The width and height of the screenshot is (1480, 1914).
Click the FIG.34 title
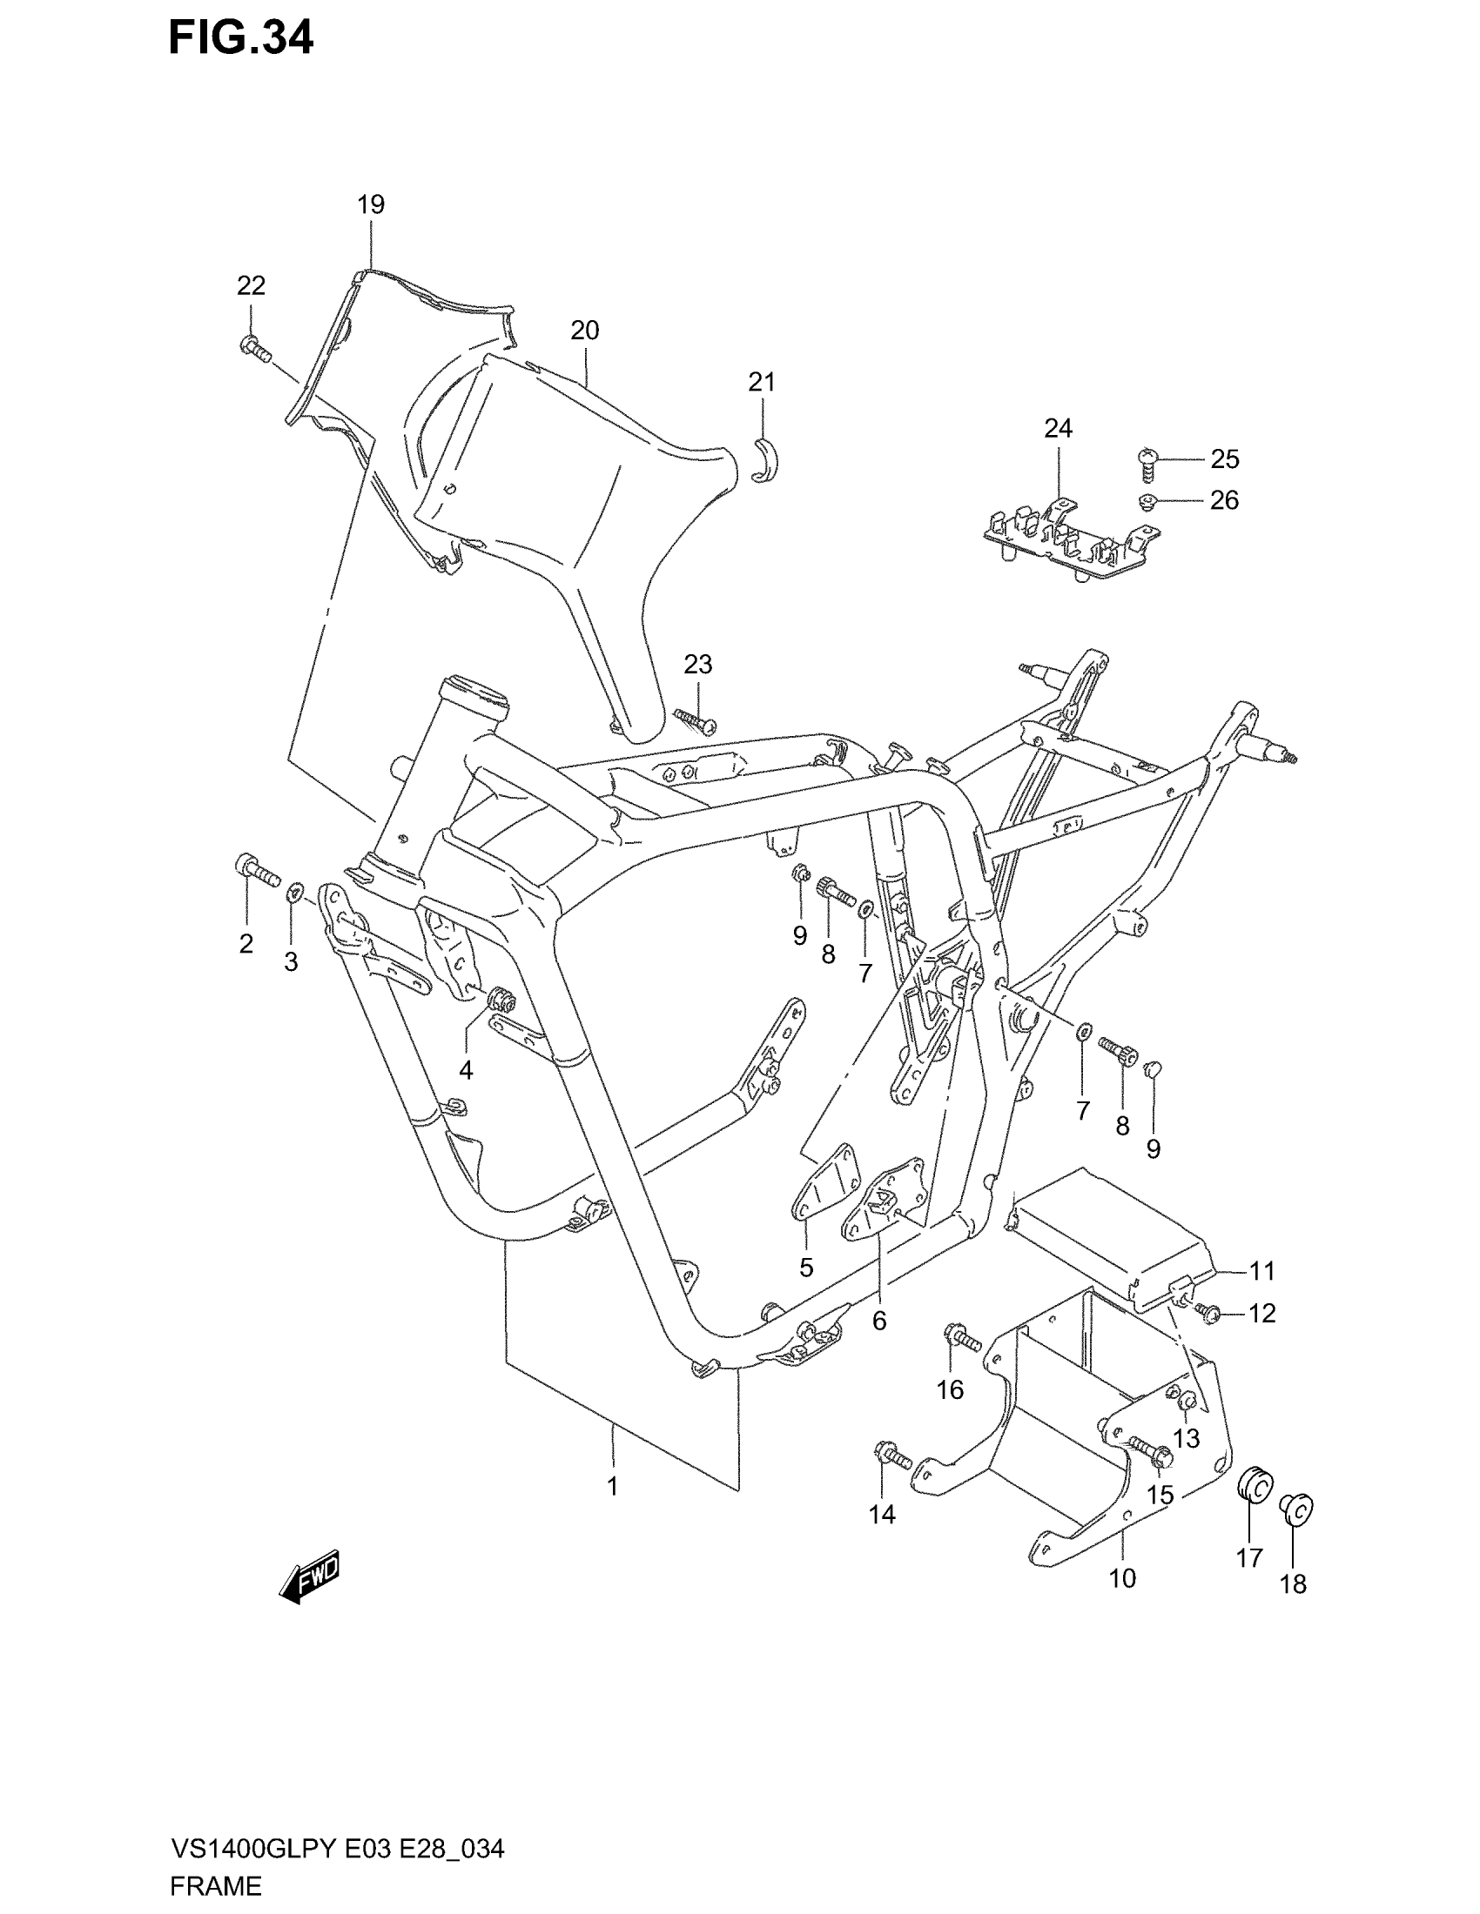tap(240, 39)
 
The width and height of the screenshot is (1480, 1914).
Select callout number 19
tap(371, 205)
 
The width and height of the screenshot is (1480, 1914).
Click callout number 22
tap(251, 285)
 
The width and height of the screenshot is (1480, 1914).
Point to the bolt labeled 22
tap(254, 349)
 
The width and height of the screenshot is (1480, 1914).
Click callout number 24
tap(1059, 429)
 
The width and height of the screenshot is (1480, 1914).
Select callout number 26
tap(1224, 500)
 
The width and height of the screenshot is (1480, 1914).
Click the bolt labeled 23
tap(696, 720)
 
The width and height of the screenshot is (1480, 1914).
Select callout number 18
tap(1293, 1583)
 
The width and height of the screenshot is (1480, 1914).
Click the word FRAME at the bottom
tap(216, 1885)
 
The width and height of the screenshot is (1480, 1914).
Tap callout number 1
tap(613, 1486)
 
